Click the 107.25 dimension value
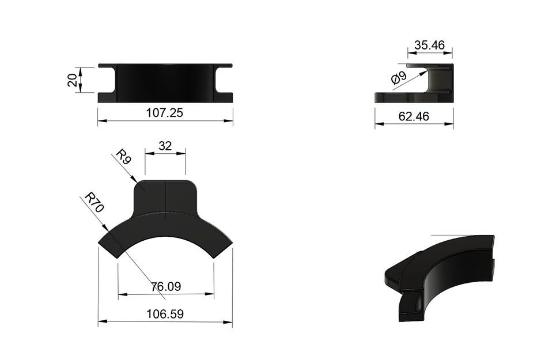click(165, 113)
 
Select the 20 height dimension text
click(72, 80)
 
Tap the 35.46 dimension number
click(430, 45)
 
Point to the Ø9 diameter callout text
click(399, 78)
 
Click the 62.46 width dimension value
click(414, 116)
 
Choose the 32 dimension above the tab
click(165, 146)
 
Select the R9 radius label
click(123, 157)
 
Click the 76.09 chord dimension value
click(166, 286)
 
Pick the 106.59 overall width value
click(165, 314)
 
